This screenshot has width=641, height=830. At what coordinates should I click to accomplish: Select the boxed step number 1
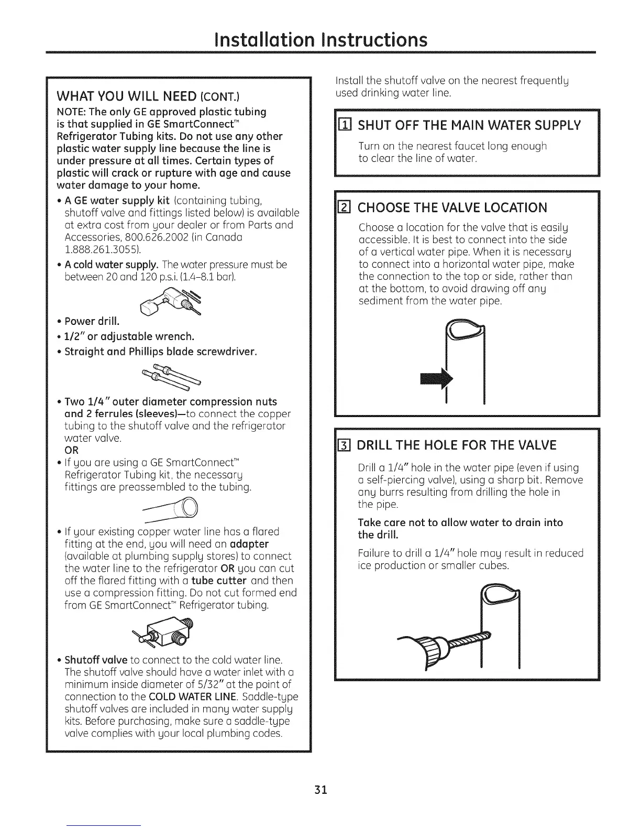tap(345, 125)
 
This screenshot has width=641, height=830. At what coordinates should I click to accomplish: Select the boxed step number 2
tap(345, 208)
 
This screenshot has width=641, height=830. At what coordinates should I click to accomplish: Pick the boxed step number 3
tap(345, 446)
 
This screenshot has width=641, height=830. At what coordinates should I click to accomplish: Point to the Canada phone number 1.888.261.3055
tap(96, 249)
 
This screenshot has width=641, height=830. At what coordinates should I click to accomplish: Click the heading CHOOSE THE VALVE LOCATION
tap(452, 207)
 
